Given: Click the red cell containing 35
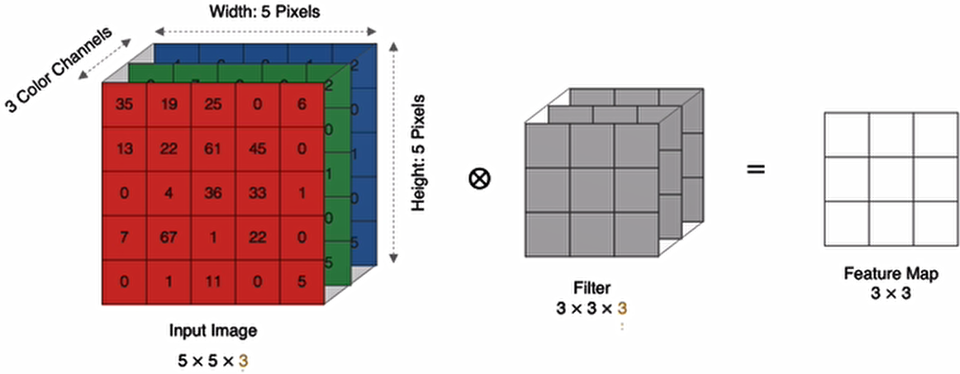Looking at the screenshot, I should point(124,105).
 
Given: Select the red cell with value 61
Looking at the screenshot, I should point(213,149).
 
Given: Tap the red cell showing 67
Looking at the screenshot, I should point(169,237).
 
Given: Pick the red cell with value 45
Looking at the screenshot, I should point(257,149).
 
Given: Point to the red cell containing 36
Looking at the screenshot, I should point(213,194).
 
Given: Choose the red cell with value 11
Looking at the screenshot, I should point(213,282).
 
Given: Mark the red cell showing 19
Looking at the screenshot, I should point(169,105).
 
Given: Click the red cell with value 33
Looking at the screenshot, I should point(257,194).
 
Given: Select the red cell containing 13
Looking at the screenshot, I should point(124,149).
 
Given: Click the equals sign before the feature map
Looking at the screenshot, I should point(756,171).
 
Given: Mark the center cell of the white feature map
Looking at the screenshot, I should point(891,178).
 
